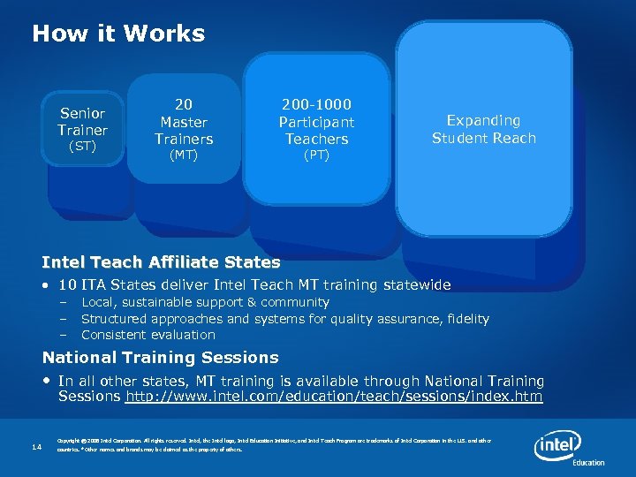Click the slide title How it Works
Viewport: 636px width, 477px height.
(118, 34)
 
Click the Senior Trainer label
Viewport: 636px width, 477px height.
(82, 122)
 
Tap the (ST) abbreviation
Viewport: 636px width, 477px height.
(82, 147)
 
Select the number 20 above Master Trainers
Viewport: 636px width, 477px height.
(184, 104)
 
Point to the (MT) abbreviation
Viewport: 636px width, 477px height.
(184, 155)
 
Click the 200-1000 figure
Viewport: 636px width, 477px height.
(316, 104)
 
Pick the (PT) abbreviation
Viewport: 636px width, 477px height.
(316, 155)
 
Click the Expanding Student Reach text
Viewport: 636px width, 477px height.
(483, 129)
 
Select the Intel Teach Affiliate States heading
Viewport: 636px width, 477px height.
(161, 262)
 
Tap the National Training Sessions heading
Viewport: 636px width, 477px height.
(160, 358)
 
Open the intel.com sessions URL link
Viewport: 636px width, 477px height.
(334, 397)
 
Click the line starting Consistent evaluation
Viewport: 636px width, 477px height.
(148, 335)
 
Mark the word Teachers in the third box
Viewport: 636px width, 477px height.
(316, 139)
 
